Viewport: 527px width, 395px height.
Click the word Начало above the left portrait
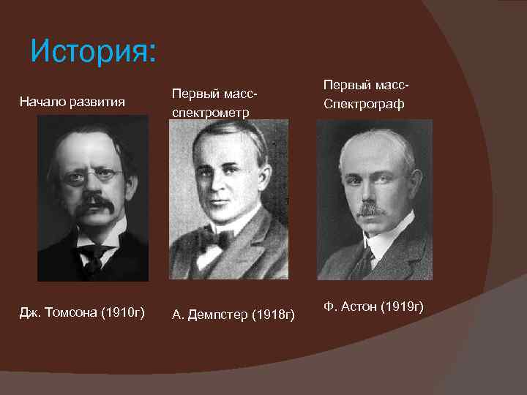pyautogui.click(x=42, y=101)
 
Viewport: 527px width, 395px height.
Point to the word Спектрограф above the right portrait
pyautogui.click(x=364, y=104)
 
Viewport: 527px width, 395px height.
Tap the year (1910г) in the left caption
pyautogui.click(x=124, y=313)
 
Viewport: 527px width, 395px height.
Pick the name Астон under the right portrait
pyautogui.click(x=362, y=306)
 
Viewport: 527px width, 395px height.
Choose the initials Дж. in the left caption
pyautogui.click(x=30, y=313)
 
